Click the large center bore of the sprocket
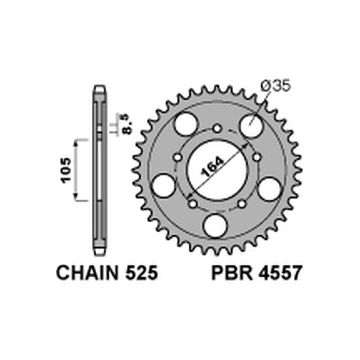[217, 166]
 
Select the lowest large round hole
[217, 224]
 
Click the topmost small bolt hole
[217, 128]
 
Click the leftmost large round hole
[163, 185]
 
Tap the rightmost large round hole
[271, 185]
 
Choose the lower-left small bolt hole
[193, 204]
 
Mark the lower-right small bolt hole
[242, 204]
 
